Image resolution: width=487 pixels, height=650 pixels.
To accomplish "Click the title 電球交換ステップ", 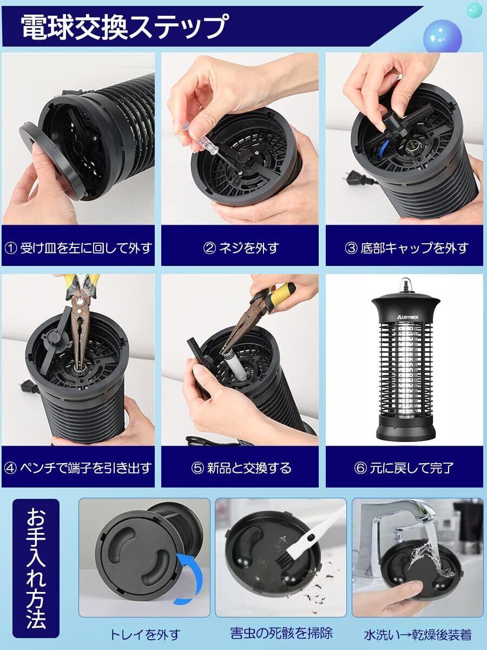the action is pyautogui.click(x=125, y=27).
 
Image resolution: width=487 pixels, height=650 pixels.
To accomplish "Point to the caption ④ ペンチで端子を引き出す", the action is pyautogui.click(x=78, y=468).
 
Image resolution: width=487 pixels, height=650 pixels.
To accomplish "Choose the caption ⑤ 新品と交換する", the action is pyautogui.click(x=241, y=468).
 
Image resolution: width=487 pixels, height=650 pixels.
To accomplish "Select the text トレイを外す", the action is pyautogui.click(x=145, y=635).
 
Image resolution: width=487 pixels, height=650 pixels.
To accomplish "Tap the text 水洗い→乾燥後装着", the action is pyautogui.click(x=418, y=635).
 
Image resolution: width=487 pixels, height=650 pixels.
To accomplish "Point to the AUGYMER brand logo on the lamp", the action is pyautogui.click(x=408, y=317).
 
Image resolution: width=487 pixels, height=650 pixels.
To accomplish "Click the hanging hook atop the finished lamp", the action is pyautogui.click(x=404, y=284).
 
